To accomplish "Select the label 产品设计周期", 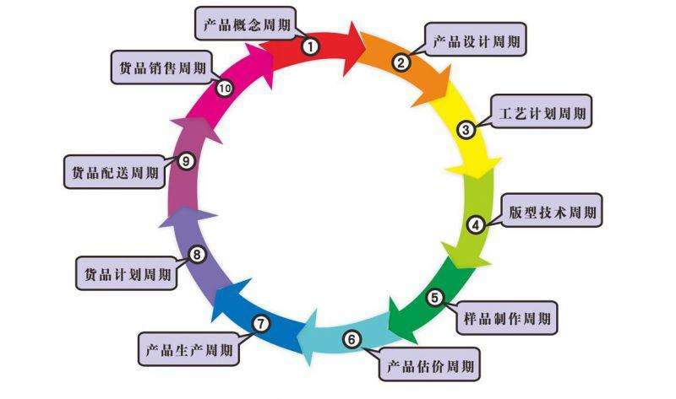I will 477,39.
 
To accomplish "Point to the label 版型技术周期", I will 553,212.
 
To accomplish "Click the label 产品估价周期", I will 430,366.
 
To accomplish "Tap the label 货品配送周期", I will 114,173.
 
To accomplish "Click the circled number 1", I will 311,47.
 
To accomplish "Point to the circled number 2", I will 402,62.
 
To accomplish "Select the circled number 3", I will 466,130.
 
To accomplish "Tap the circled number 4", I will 477,224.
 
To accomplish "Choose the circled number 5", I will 433,297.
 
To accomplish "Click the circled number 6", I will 351,340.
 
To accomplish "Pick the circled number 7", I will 261,323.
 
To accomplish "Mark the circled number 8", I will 197,254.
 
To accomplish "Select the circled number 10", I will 225,88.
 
